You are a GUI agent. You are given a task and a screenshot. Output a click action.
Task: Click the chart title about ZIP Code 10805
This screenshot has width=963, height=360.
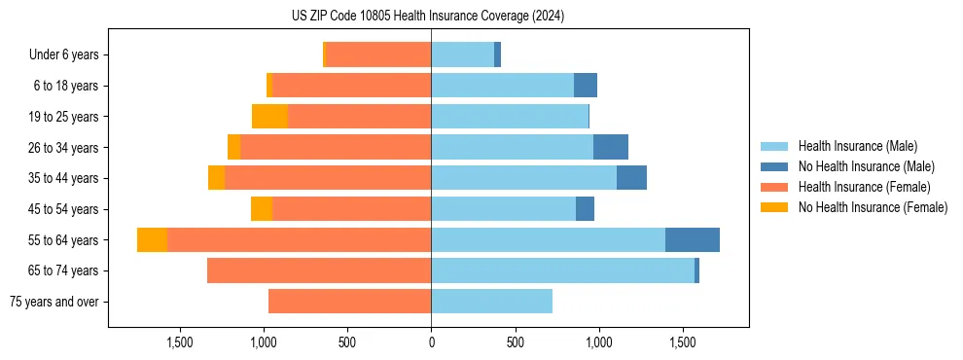(428, 17)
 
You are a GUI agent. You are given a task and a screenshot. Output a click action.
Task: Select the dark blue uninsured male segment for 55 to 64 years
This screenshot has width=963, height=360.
(692, 239)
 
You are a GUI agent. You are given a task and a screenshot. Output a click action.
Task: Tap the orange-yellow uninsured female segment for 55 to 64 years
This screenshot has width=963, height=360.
(152, 239)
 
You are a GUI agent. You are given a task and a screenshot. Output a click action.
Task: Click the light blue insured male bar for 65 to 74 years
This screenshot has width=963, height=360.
(562, 270)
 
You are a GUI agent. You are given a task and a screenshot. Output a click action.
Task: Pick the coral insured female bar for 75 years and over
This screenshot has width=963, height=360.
(349, 302)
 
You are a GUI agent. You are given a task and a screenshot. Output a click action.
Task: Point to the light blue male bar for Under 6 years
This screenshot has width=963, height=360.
(462, 54)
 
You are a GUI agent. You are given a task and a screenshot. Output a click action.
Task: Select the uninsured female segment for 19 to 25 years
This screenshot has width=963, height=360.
(269, 117)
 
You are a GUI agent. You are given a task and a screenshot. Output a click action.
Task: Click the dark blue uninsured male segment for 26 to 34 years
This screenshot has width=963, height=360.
(610, 147)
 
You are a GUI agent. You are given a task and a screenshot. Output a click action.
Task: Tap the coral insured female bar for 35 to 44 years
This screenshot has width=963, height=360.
(328, 178)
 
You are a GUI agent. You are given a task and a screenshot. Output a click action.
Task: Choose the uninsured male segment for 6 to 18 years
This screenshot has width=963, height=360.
(585, 86)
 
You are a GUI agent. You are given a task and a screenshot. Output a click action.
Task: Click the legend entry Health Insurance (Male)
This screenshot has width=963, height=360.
(857, 146)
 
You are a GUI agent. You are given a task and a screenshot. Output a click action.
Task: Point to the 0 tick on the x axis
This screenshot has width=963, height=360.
(431, 342)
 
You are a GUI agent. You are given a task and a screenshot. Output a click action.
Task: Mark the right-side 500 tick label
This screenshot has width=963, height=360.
(516, 342)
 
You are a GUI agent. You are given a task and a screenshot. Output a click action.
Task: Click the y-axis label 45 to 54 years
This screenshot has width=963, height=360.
(65, 209)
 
